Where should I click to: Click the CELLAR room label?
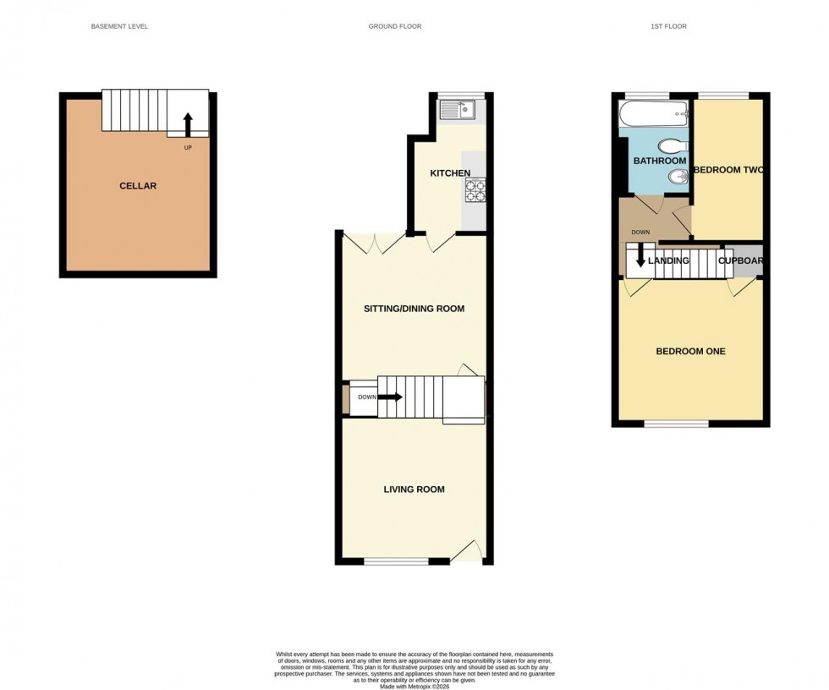(x=138, y=186)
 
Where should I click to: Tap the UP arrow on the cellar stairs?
(x=188, y=124)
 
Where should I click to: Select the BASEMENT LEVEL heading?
(x=119, y=27)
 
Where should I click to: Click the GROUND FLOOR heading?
(x=395, y=27)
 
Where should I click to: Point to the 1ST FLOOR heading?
(x=668, y=27)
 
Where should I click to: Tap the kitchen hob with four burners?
(x=475, y=190)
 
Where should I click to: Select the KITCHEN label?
(x=450, y=173)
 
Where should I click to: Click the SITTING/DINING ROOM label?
(x=414, y=309)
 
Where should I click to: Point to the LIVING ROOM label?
(x=414, y=490)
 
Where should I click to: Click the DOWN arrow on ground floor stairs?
(x=392, y=397)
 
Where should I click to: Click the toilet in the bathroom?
(x=674, y=145)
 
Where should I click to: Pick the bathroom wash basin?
(x=678, y=177)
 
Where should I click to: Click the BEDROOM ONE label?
(x=690, y=352)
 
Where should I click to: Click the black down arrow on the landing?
(x=640, y=256)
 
